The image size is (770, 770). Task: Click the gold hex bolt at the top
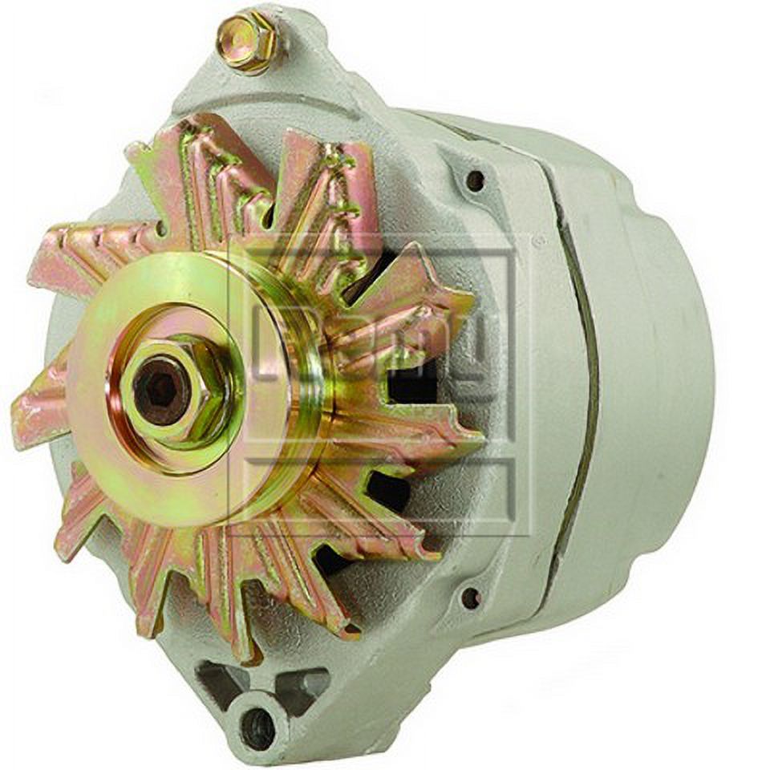pos(247,42)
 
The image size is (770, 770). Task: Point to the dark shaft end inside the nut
pos(161,391)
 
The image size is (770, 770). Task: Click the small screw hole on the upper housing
pos(476,180)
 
